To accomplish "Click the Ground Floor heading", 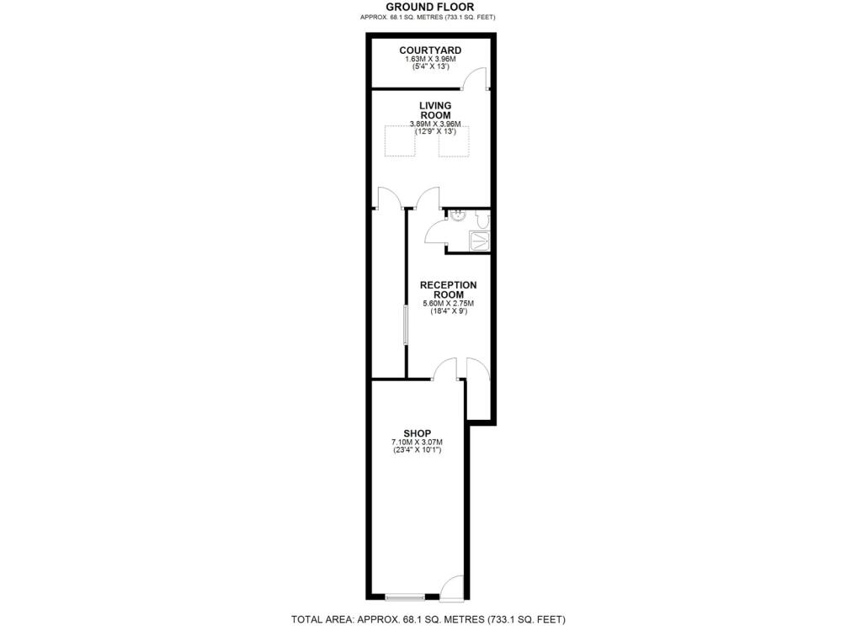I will (430, 7).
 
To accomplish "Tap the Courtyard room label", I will (430, 50).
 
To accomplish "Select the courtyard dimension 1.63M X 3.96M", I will (430, 59).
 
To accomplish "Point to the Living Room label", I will (435, 110).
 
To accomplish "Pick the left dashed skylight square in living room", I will (401, 141).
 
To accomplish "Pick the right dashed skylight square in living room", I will (454, 141).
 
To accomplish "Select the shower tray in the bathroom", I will (480, 241).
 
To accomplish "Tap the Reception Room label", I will (448, 289).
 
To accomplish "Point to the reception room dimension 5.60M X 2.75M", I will (448, 304).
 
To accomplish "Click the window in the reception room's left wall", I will (406, 324).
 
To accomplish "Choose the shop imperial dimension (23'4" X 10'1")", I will (417, 451).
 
